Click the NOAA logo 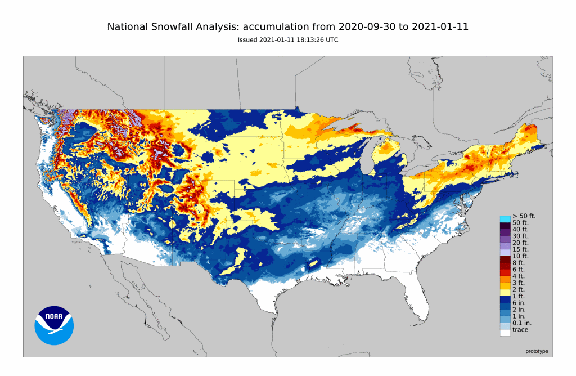pos(54,325)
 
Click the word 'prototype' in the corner pos(536,351)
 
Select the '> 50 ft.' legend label pos(524,217)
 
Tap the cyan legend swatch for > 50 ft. pos(505,218)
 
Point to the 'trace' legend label pos(520,330)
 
